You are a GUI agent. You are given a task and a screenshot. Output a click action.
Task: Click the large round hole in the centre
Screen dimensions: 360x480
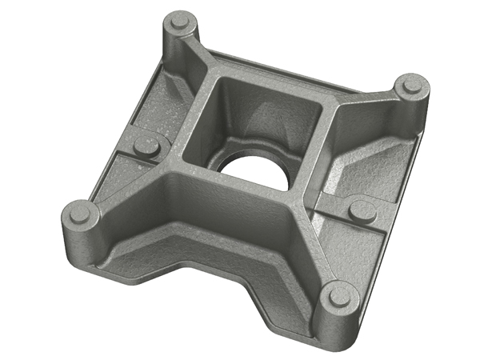coord(254,166)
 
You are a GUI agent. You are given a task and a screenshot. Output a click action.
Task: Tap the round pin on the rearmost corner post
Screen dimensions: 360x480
coord(180,21)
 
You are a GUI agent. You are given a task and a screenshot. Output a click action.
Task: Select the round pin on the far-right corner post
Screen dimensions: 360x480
coord(411,83)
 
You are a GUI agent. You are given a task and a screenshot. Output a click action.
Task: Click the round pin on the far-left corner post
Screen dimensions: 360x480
coord(80,212)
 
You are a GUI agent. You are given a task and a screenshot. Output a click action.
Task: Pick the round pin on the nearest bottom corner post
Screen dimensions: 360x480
coord(341,295)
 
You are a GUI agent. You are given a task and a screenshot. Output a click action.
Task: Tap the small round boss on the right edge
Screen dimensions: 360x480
coord(362,209)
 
